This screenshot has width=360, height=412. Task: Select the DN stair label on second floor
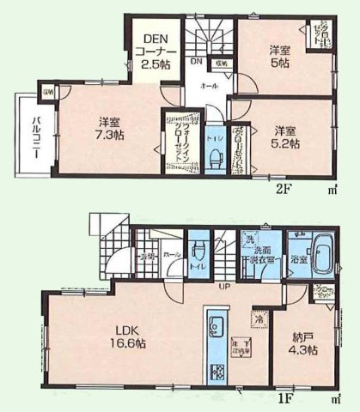click(x=196, y=62)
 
